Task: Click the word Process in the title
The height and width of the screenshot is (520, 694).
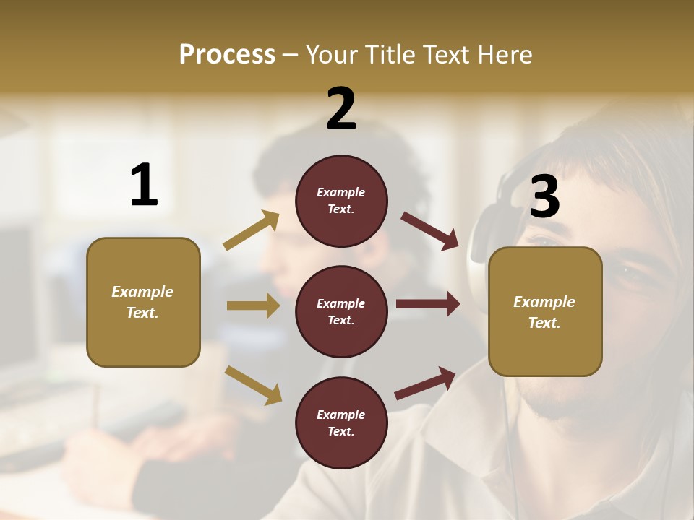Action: [x=227, y=54]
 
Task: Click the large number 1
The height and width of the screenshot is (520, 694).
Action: [x=144, y=185]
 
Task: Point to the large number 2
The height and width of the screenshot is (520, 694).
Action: [x=341, y=109]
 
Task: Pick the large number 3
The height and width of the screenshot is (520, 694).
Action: [x=544, y=197]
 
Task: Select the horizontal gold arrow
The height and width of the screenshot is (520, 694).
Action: [x=253, y=305]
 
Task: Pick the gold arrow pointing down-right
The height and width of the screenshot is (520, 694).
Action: [x=253, y=385]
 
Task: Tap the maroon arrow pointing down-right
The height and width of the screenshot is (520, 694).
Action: [x=430, y=230]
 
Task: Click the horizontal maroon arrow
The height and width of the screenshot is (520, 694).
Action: [x=428, y=304]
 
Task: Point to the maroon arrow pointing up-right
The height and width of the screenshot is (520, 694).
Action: [x=425, y=383]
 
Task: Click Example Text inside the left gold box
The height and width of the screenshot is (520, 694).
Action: [x=142, y=302]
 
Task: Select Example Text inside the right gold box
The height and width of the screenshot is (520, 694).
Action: [x=544, y=312]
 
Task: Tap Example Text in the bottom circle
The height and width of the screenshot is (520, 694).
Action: [x=341, y=422]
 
